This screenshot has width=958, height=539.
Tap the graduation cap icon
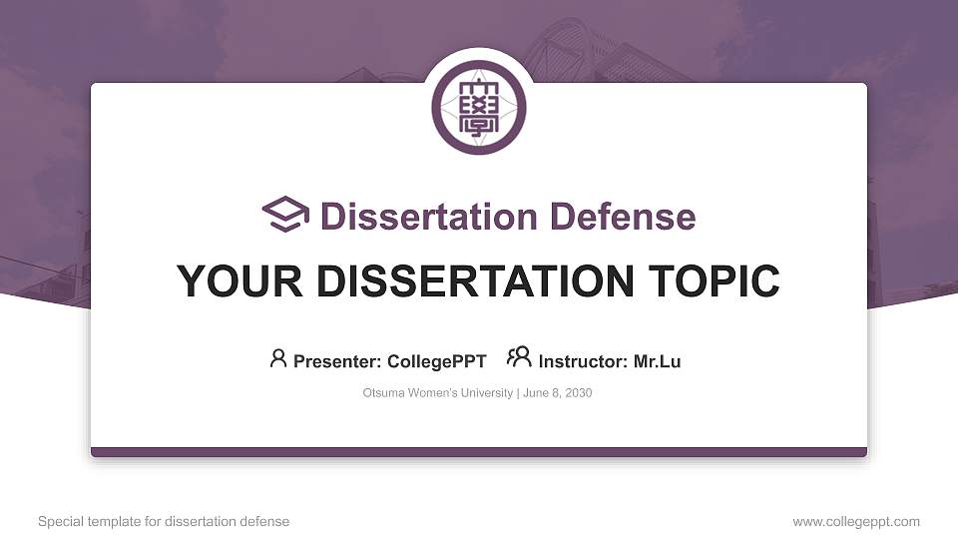285,215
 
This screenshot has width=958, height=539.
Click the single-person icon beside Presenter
278,358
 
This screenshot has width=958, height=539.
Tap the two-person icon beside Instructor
519,357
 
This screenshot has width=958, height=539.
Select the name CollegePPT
438,361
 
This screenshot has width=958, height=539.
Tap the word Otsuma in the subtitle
383,393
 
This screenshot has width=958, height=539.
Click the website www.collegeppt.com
856,521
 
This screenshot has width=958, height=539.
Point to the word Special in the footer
59,521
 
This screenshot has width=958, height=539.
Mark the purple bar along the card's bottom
479,452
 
